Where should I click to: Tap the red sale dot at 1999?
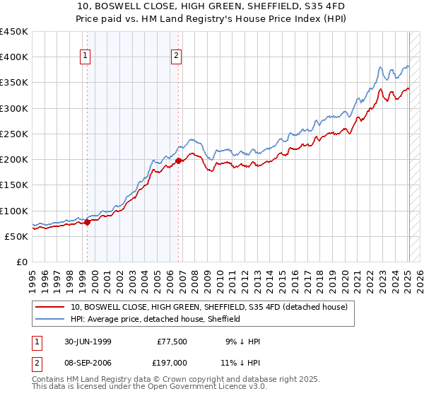(88, 222)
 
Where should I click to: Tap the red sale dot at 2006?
(178, 161)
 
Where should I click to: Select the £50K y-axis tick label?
(16, 236)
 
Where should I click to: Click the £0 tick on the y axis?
(22, 262)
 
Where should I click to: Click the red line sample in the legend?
(50, 308)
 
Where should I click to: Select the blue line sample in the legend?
(50, 319)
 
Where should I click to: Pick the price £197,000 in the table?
(171, 361)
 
